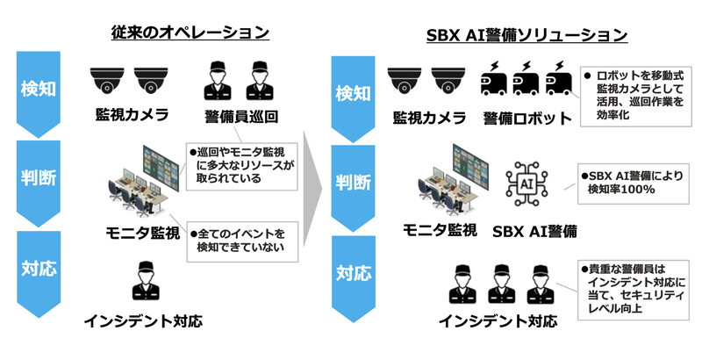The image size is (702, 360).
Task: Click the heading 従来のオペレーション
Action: tap(190, 33)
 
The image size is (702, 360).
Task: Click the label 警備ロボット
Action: tap(526, 118)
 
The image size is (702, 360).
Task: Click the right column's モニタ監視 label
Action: tap(440, 230)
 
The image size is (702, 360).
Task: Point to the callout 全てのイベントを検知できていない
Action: tap(240, 243)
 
